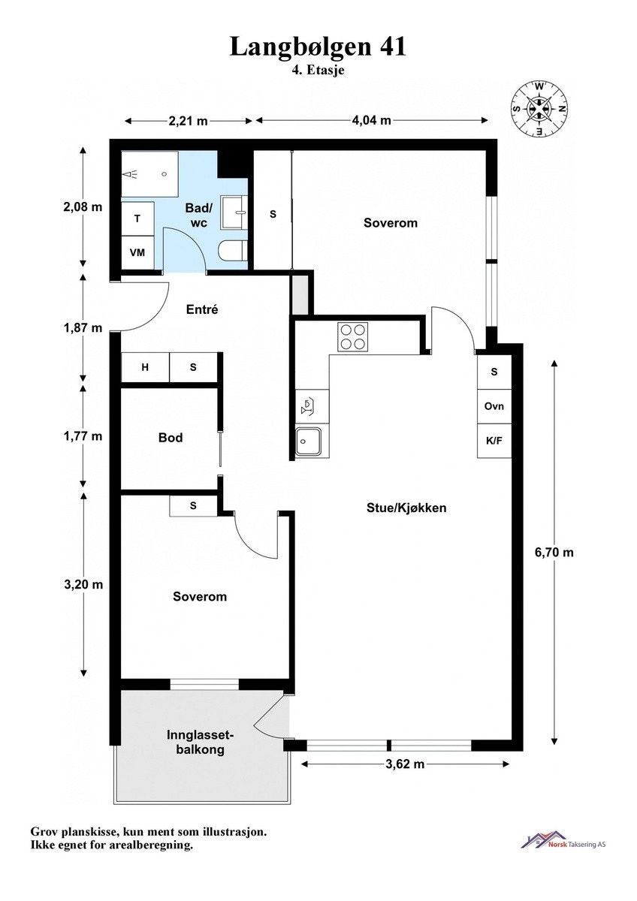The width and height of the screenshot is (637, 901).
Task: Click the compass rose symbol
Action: click(539, 109)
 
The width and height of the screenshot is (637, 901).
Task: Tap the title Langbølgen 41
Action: click(318, 47)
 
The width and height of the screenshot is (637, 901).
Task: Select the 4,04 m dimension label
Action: click(372, 120)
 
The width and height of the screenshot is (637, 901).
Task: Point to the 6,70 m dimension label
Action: click(554, 553)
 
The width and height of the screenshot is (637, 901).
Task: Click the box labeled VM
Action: click(137, 252)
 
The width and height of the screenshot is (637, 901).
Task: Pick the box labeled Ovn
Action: click(494, 406)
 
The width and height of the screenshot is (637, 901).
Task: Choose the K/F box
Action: click(494, 441)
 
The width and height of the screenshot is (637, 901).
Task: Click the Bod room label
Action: click(171, 438)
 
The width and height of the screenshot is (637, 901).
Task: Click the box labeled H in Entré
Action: click(145, 367)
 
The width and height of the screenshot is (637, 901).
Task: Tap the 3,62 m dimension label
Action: click(406, 764)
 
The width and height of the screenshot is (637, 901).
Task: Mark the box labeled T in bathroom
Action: click(137, 218)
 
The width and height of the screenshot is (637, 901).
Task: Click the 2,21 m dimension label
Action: click(187, 120)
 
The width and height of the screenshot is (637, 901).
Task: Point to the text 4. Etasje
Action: click(318, 69)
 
